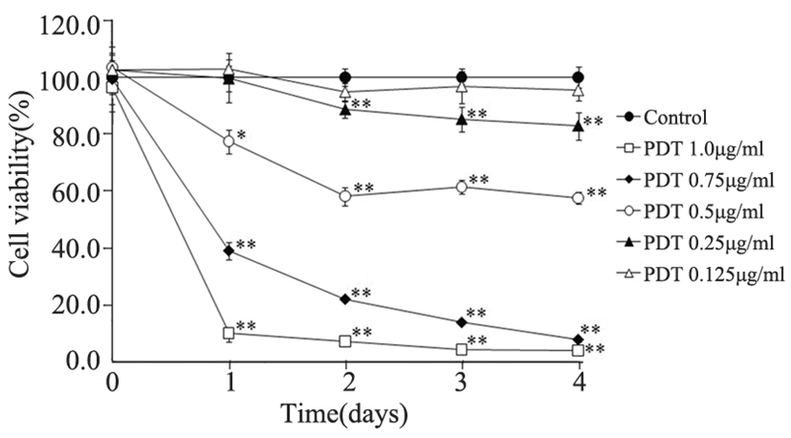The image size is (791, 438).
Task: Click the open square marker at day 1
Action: [x=229, y=332]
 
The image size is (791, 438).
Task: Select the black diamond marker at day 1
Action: [x=229, y=251]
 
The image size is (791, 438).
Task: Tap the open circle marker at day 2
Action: [x=345, y=196]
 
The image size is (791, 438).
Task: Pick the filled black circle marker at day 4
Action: [x=578, y=77]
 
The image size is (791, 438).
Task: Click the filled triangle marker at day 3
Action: [x=462, y=120]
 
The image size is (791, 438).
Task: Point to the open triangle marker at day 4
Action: [x=578, y=90]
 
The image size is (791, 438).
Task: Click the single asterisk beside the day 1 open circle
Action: [x=242, y=133]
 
